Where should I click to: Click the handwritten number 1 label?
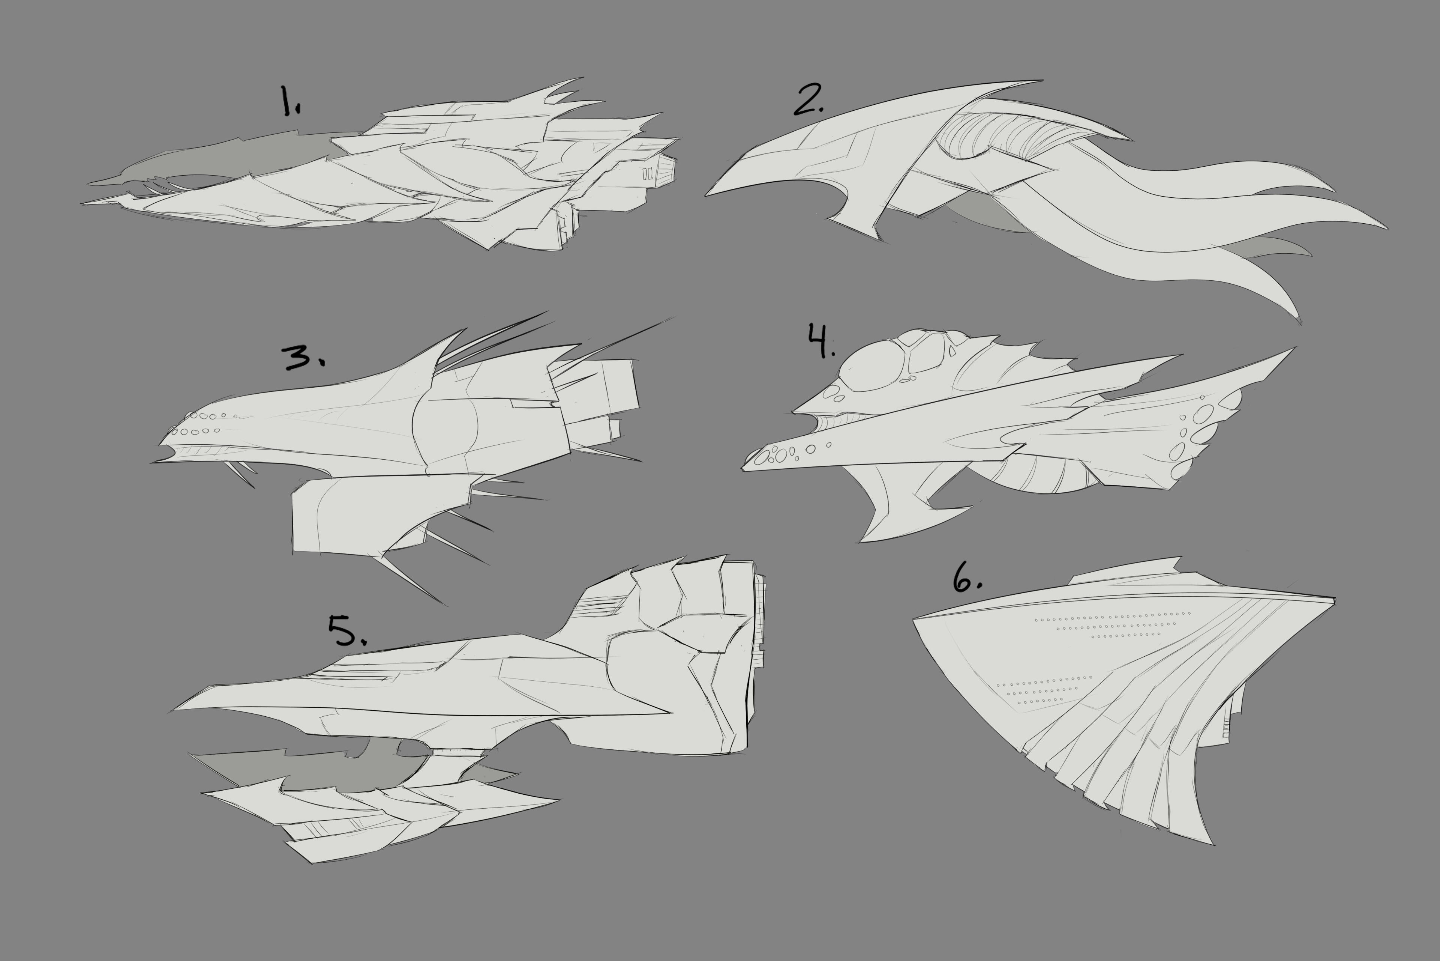click(x=290, y=101)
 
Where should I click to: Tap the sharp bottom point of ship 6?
click(x=1213, y=845)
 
